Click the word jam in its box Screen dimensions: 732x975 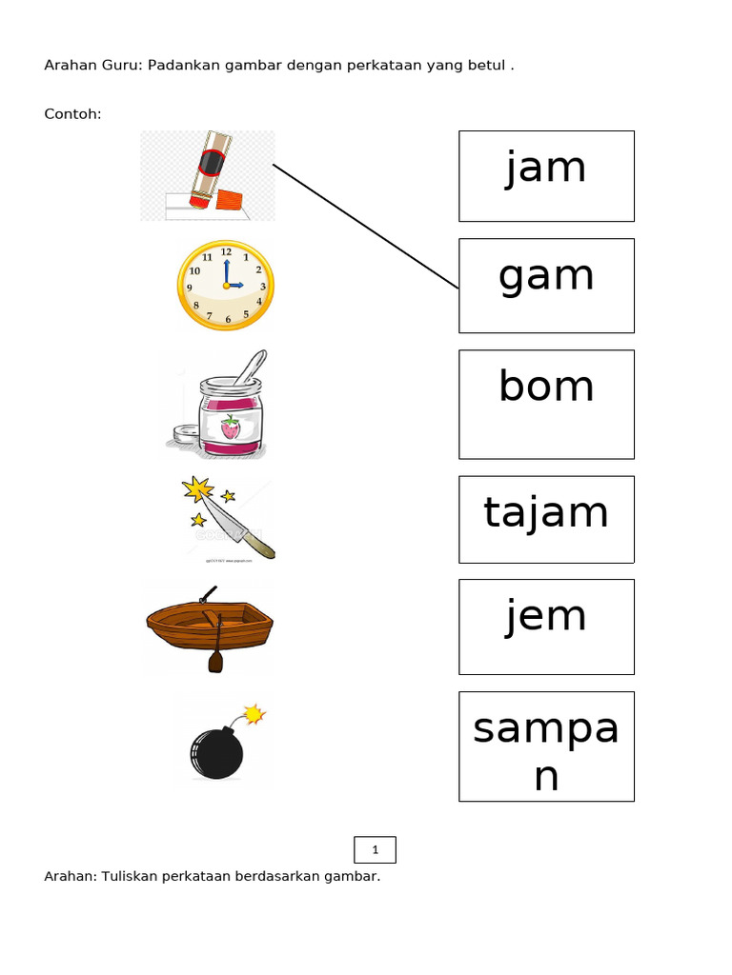click(546, 168)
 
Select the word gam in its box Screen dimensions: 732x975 click(546, 277)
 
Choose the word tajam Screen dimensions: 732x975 click(546, 513)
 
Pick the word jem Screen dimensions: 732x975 click(546, 617)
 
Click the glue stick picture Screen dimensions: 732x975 click(207, 175)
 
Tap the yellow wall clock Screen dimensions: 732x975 click(226, 286)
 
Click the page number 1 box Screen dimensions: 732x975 click(375, 849)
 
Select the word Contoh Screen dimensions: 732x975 click(72, 114)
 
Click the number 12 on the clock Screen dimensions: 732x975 click(226, 251)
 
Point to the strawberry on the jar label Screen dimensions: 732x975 click(231, 428)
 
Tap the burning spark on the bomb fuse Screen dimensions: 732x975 click(254, 714)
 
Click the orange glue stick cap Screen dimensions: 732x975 click(229, 200)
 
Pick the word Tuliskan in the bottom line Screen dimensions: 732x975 click(129, 876)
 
